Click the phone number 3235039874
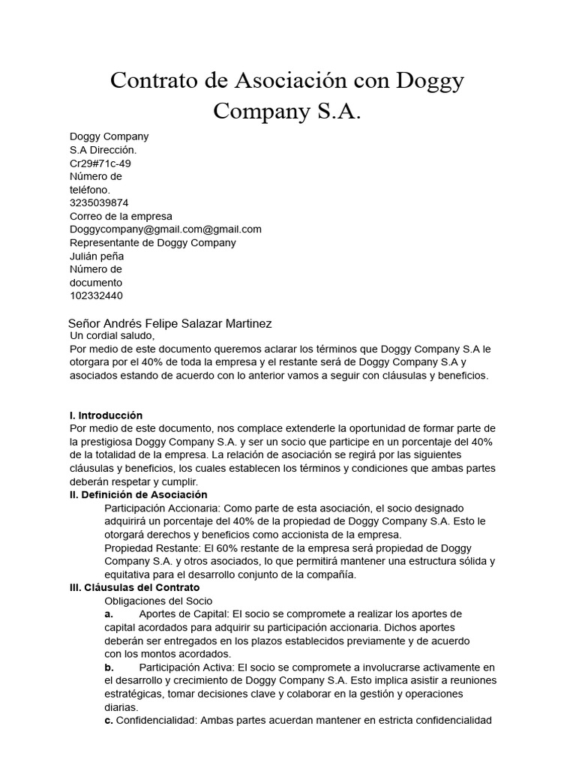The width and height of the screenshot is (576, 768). pos(99,202)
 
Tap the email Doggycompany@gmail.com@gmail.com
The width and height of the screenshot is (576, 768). pos(165,229)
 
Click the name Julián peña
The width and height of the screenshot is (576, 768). pos(97,256)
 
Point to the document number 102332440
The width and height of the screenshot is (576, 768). pos(96,295)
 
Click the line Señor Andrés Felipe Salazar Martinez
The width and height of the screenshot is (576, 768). pos(169,323)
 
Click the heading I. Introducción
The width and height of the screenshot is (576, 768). pos(106,415)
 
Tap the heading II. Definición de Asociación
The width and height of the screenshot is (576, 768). pos(138,495)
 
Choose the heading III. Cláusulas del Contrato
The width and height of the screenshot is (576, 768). pos(134,587)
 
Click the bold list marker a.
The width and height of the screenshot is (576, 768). pos(109,614)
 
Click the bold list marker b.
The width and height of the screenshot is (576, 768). pos(109,667)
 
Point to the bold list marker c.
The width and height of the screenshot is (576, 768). pos(109,720)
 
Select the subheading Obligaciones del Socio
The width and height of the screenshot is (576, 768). pos(158,601)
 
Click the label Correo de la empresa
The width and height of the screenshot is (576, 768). pos(121,216)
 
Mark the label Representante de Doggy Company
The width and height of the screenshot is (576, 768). pos(152,243)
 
